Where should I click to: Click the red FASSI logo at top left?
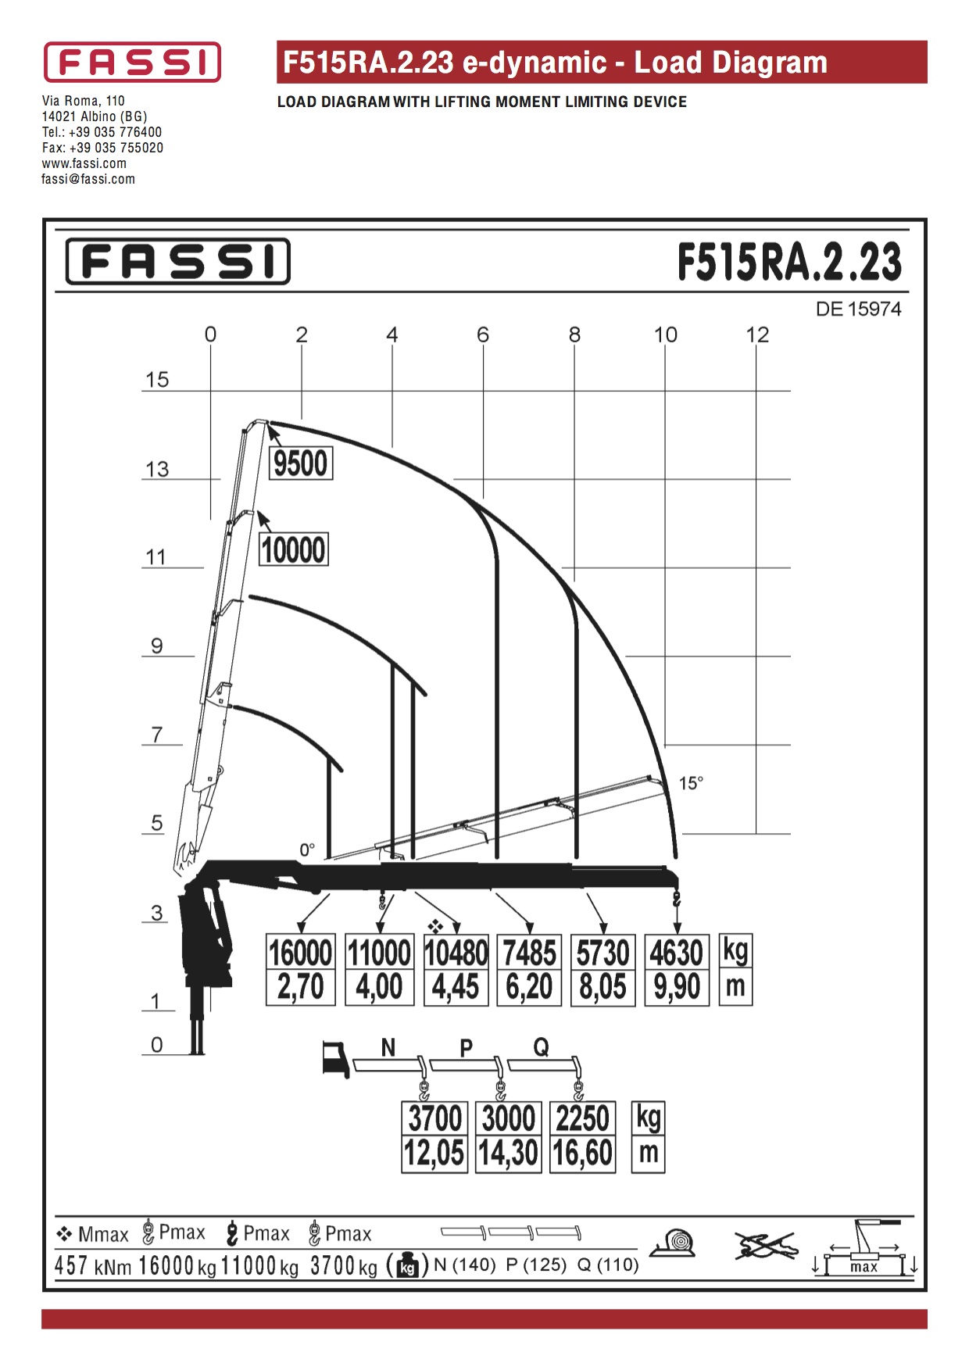(x=132, y=63)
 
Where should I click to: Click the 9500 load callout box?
(x=301, y=463)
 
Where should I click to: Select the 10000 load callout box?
(x=294, y=549)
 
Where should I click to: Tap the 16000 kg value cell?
(x=301, y=953)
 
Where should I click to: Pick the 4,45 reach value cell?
(x=456, y=987)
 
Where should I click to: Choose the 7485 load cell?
(x=530, y=953)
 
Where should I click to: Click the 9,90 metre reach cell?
(x=677, y=987)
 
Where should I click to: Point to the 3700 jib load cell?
(x=435, y=1118)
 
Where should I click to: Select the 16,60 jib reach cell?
(x=583, y=1154)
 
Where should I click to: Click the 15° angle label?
(x=691, y=783)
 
